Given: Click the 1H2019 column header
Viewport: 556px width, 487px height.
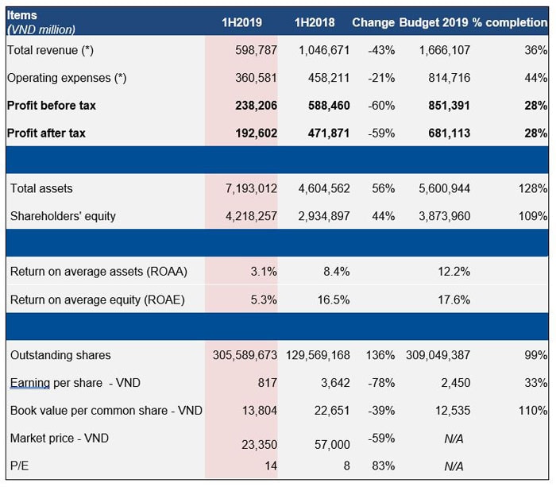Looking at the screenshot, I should click(241, 22).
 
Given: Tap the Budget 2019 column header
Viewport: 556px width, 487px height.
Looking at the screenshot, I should click(434, 22).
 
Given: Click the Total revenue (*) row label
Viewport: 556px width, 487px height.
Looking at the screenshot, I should click(51, 50).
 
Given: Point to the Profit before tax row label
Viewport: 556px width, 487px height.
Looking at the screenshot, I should click(52, 105).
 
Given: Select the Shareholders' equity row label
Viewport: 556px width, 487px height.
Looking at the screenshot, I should click(62, 216).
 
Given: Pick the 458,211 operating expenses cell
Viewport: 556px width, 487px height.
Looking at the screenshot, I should click(326, 78).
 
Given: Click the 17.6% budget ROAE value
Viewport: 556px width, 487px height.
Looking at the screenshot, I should click(454, 300).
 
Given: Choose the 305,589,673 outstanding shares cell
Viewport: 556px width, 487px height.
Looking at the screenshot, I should click(245, 355).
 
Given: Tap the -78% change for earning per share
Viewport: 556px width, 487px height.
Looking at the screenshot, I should click(381, 383).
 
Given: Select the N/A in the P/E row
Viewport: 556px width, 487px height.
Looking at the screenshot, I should click(454, 466).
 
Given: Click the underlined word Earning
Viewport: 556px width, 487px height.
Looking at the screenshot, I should click(30, 383).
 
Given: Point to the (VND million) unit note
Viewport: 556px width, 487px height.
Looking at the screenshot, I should click(41, 29).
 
